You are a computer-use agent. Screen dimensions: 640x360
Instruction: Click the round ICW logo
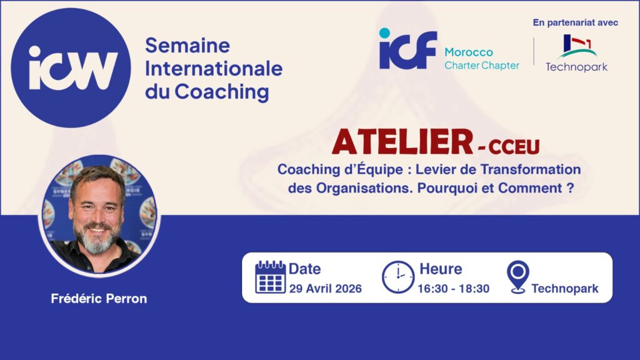coord(71,67)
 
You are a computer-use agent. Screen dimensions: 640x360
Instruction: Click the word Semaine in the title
coord(187,45)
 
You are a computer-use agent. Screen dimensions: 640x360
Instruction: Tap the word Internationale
coord(214,68)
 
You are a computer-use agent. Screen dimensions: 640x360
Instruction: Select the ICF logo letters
coord(407,49)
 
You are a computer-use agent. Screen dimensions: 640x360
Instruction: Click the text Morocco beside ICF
coord(469,52)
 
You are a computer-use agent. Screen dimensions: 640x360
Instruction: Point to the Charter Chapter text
coord(482,65)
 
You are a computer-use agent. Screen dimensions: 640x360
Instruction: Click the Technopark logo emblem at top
coord(577,46)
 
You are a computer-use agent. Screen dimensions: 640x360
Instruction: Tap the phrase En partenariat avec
coord(576,23)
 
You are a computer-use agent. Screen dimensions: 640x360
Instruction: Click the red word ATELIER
coord(402,142)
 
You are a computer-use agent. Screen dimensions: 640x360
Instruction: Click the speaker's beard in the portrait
coord(96,239)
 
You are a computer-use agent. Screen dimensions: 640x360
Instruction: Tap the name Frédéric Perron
coord(99,299)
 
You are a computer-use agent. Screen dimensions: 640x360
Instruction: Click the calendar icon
coord(270,277)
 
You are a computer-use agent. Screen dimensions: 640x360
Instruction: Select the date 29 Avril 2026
coord(325,289)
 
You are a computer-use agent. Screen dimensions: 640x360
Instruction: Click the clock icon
coord(398,277)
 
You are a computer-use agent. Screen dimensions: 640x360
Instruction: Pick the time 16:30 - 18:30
coord(454,289)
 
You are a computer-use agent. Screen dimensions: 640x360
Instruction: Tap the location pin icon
coord(518,277)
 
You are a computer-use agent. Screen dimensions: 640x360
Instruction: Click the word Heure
coord(441,269)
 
